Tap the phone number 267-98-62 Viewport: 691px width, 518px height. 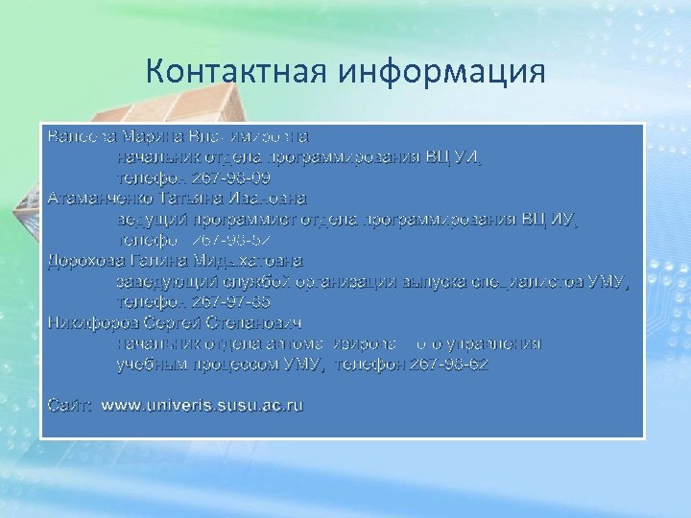(x=449, y=364)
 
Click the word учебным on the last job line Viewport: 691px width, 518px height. (x=150, y=364)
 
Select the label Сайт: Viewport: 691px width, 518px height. (x=70, y=406)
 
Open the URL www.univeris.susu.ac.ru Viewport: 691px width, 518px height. (x=203, y=406)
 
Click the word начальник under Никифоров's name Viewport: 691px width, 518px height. (x=155, y=342)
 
